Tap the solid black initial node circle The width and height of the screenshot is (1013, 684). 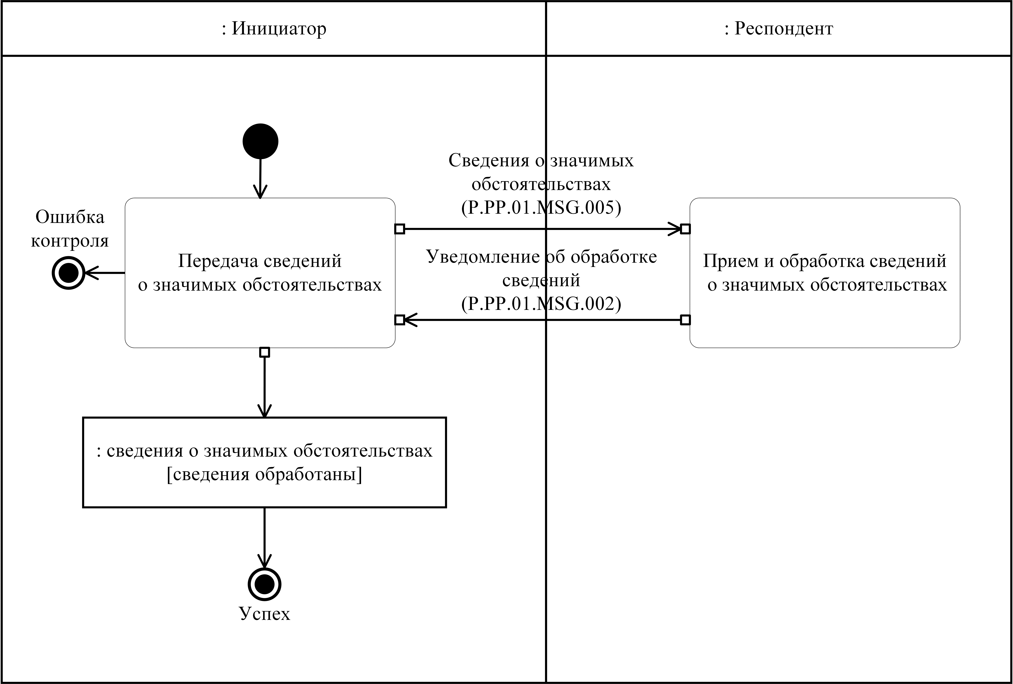point(260,141)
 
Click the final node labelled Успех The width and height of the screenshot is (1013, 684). point(264,584)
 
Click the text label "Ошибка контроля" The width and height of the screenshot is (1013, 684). point(70,229)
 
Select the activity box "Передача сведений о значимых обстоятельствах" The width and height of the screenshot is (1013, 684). point(260,273)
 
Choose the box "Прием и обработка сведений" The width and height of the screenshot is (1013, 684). point(825,273)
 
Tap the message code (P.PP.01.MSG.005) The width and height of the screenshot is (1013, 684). point(541,208)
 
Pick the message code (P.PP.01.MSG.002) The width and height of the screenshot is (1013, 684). point(541,304)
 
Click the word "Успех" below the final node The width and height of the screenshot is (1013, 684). point(264,613)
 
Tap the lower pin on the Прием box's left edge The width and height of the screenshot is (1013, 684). point(685,320)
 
